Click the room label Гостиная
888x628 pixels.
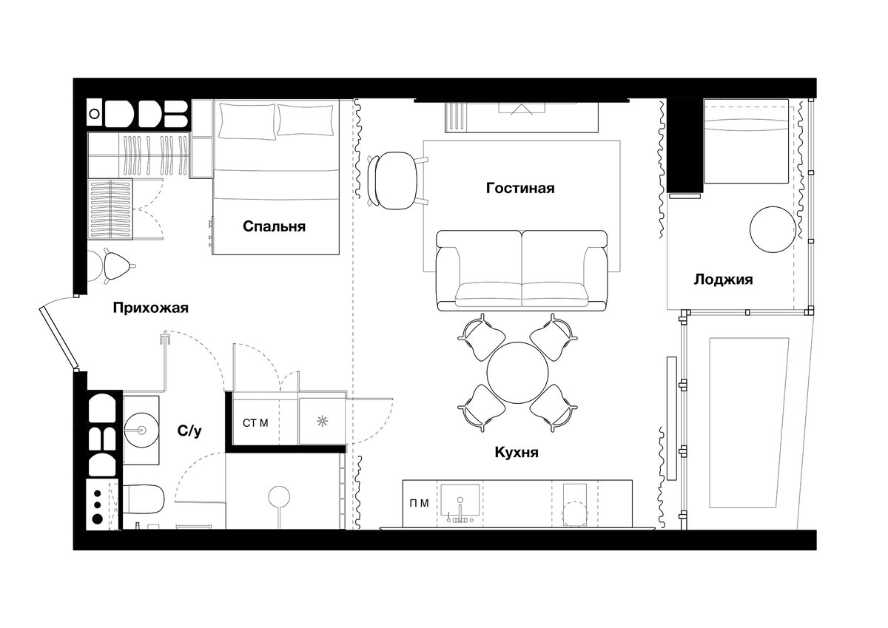pyautogui.click(x=520, y=188)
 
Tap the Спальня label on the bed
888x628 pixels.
pyautogui.click(x=274, y=226)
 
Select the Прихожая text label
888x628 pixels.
pyautogui.click(x=151, y=308)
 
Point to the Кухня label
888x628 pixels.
pyautogui.click(x=517, y=452)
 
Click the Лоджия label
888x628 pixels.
pyautogui.click(x=723, y=280)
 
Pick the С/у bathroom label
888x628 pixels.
pyautogui.click(x=189, y=431)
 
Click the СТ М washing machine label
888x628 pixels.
pyautogui.click(x=255, y=423)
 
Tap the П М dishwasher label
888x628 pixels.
pyautogui.click(x=419, y=503)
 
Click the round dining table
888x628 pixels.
pyautogui.click(x=517, y=372)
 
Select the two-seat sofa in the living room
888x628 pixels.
pyautogui.click(x=522, y=271)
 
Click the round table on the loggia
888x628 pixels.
pyautogui.click(x=773, y=229)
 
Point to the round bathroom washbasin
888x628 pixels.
pyautogui.click(x=141, y=430)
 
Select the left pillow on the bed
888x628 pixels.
pyautogui.click(x=247, y=121)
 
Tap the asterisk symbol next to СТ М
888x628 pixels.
pyautogui.click(x=323, y=421)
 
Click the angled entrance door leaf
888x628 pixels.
pyautogui.click(x=58, y=337)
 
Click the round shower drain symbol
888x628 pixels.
pyautogui.click(x=279, y=496)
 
